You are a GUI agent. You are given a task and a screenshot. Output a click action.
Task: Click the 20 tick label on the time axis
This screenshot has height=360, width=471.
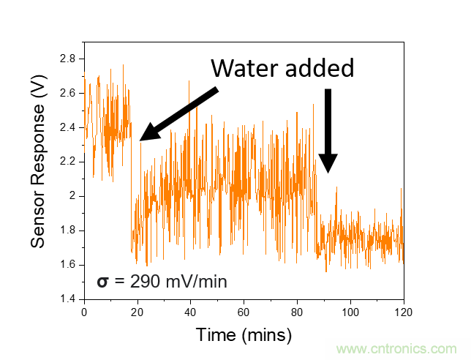point(137,312)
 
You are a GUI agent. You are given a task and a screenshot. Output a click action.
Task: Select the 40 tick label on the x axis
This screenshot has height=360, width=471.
point(190,312)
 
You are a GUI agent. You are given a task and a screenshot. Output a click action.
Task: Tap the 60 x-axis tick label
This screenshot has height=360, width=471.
point(244,312)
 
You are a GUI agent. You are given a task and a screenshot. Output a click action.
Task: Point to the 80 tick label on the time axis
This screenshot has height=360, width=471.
point(297,312)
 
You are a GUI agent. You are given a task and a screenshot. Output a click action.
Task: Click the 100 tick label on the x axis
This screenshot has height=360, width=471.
point(350,312)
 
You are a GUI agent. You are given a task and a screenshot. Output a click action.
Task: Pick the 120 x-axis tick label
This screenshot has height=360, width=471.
point(403,312)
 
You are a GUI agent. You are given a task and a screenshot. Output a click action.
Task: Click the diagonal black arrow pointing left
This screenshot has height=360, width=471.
point(178,113)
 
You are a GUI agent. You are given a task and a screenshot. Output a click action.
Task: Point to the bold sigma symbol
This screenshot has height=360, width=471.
point(103,281)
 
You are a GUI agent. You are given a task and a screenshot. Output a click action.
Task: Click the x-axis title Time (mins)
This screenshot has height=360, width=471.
point(244,335)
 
